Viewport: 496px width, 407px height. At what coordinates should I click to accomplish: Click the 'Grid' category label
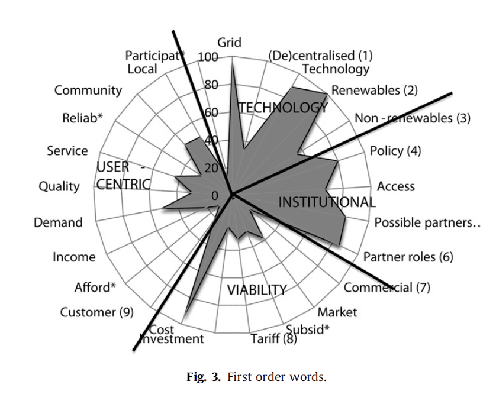229,43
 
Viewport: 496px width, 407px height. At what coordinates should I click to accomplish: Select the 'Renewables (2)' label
374,91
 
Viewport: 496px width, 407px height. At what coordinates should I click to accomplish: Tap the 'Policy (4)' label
395,150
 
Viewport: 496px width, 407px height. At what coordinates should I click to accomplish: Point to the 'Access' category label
395,187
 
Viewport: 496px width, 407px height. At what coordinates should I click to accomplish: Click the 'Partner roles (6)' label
408,257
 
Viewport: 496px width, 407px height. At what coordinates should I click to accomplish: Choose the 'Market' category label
337,312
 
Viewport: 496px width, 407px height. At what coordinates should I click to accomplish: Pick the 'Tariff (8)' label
273,339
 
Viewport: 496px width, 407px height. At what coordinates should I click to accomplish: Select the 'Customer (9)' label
97,312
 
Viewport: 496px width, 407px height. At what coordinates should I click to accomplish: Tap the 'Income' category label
74,257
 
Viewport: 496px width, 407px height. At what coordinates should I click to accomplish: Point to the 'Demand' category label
58,223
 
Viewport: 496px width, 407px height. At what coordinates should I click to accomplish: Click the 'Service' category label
67,151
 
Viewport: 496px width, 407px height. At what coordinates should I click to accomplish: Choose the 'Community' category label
88,91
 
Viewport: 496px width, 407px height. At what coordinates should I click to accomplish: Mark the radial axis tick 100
208,57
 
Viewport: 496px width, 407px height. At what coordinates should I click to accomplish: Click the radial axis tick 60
211,112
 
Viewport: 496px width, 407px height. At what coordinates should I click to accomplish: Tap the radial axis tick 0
215,196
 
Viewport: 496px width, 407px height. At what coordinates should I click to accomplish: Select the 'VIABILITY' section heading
257,290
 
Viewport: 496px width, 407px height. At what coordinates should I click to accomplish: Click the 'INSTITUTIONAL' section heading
327,202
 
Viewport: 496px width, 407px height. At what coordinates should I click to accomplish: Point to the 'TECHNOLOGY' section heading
282,108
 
